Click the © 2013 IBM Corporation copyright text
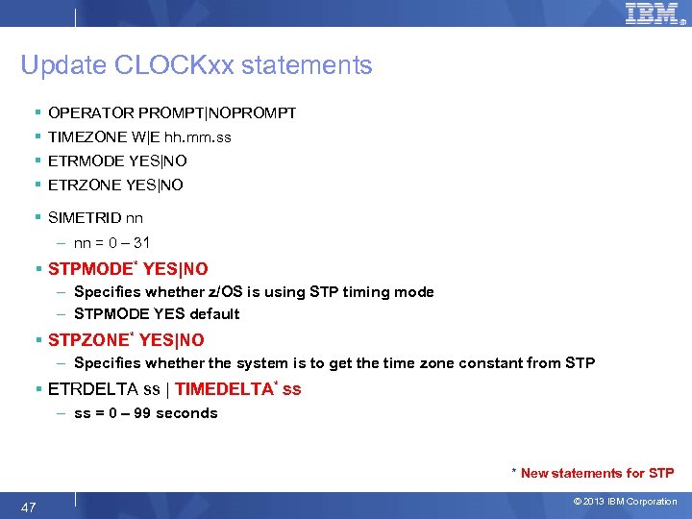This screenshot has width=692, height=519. point(625,502)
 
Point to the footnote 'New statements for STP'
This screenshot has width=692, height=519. point(597,473)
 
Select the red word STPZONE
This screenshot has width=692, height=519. point(87,340)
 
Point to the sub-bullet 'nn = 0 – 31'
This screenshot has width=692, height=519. point(111,243)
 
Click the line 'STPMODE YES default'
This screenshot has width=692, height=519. point(157,314)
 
